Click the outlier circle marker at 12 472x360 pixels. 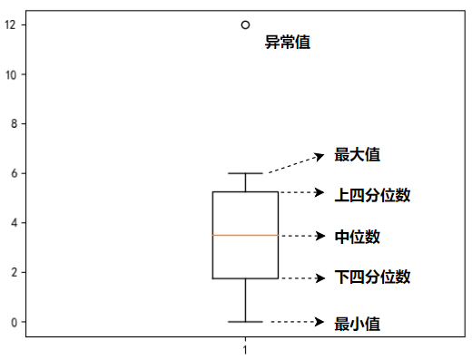coord(245,25)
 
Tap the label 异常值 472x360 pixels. coord(287,42)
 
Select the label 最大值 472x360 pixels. coord(357,155)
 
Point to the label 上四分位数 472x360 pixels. coord(372,195)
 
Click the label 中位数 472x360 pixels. coord(357,238)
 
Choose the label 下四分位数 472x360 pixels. coord(372,277)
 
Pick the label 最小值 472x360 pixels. coord(357,323)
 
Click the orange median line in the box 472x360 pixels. coord(245,235)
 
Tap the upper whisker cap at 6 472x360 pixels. coord(245,173)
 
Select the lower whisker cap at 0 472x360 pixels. coord(245,322)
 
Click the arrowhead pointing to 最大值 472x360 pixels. coord(320,156)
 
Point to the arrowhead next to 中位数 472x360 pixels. coord(320,237)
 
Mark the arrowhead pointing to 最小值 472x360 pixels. coord(320,322)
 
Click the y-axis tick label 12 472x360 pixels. coord(10,25)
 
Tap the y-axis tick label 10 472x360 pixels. coord(10,74)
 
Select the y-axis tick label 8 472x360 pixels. coord(13,124)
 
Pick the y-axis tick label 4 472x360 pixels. coord(13,223)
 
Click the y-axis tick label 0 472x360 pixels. coord(13,322)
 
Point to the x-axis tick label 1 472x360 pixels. coord(245,348)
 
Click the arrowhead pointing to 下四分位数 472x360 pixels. coord(320,277)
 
